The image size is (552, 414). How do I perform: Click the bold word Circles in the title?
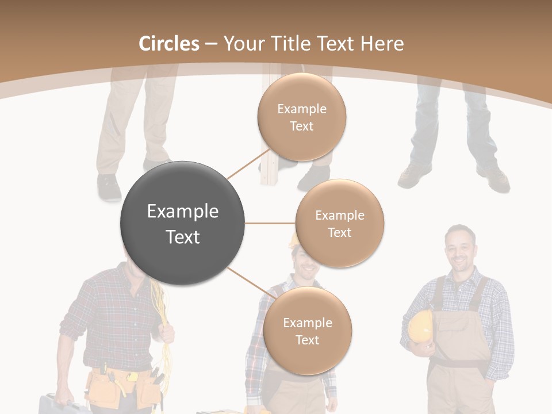click(168, 44)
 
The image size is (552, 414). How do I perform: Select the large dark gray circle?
click(183, 223)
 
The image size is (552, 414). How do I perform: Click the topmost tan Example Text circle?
click(302, 117)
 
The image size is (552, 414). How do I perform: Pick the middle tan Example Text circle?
click(340, 223)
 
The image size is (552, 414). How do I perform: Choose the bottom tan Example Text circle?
click(308, 331)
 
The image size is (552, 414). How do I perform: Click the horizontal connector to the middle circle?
click(270, 223)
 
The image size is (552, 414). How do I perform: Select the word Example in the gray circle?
click(183, 212)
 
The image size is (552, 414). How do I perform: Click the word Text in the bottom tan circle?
click(308, 340)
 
